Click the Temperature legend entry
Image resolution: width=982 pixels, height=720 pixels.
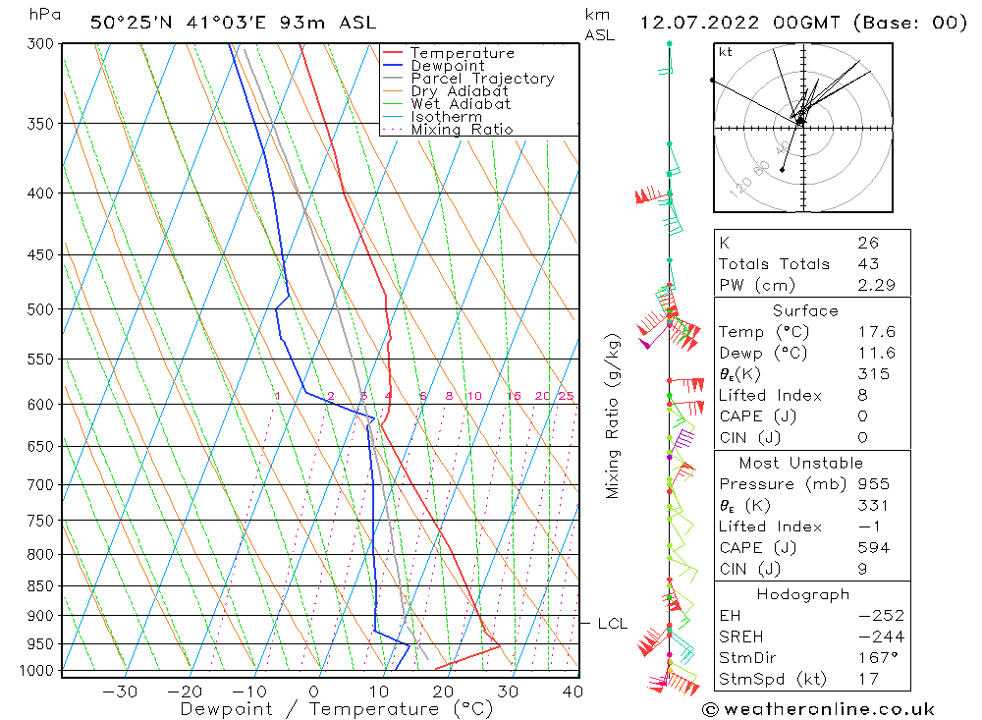tap(462, 53)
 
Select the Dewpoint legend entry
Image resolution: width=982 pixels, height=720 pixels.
tap(447, 66)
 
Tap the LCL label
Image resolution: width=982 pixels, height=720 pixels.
tap(612, 624)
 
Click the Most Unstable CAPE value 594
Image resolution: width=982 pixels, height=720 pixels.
tap(870, 548)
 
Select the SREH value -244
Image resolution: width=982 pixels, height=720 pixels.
tap(868, 637)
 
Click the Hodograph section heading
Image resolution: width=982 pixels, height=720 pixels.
tap(804, 594)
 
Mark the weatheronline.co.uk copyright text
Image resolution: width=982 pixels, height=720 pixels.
tap(818, 709)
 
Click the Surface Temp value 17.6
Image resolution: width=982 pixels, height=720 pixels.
tap(870, 332)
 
